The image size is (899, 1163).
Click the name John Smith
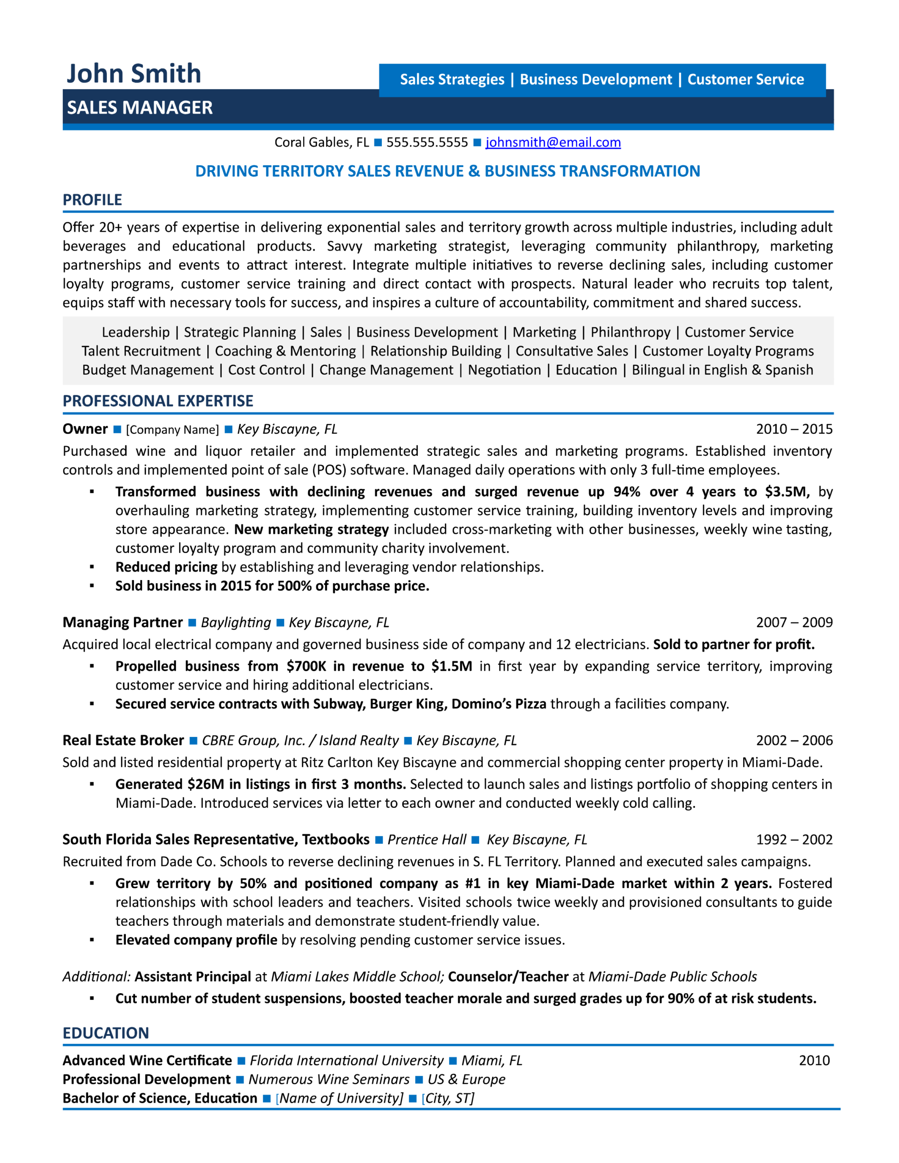tap(133, 74)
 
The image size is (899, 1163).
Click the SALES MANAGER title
tap(140, 108)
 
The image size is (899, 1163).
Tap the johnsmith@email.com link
tap(553, 142)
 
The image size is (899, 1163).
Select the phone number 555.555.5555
tap(427, 142)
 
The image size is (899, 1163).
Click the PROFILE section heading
tap(92, 200)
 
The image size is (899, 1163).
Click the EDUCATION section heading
tap(105, 1033)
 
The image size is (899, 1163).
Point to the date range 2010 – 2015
tap(794, 429)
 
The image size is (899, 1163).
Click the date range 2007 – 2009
tap(794, 622)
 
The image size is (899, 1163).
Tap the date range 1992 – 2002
tap(794, 839)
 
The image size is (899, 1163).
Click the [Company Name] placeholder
tap(172, 430)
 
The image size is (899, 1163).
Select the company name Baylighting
tap(235, 622)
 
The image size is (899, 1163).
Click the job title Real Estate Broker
tap(123, 740)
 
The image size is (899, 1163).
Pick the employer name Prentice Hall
tap(426, 840)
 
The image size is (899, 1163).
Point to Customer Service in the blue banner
tap(745, 80)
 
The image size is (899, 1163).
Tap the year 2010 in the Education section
tap(814, 1060)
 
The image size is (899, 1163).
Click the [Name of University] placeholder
tap(340, 1098)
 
